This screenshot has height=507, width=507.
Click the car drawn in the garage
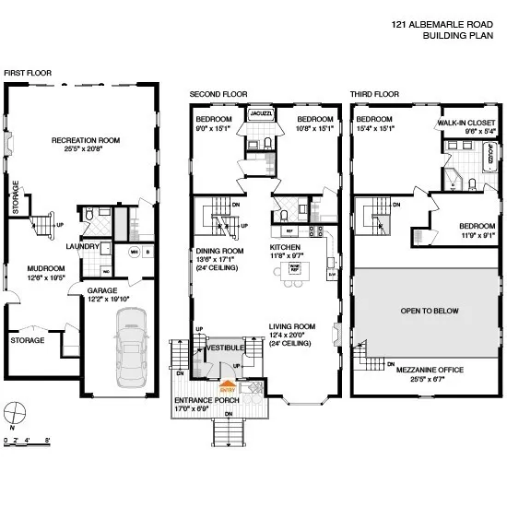point(133,348)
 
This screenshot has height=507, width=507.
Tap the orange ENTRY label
point(228,390)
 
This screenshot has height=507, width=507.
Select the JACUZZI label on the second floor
point(258,115)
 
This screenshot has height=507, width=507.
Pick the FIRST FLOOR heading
point(28,72)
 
